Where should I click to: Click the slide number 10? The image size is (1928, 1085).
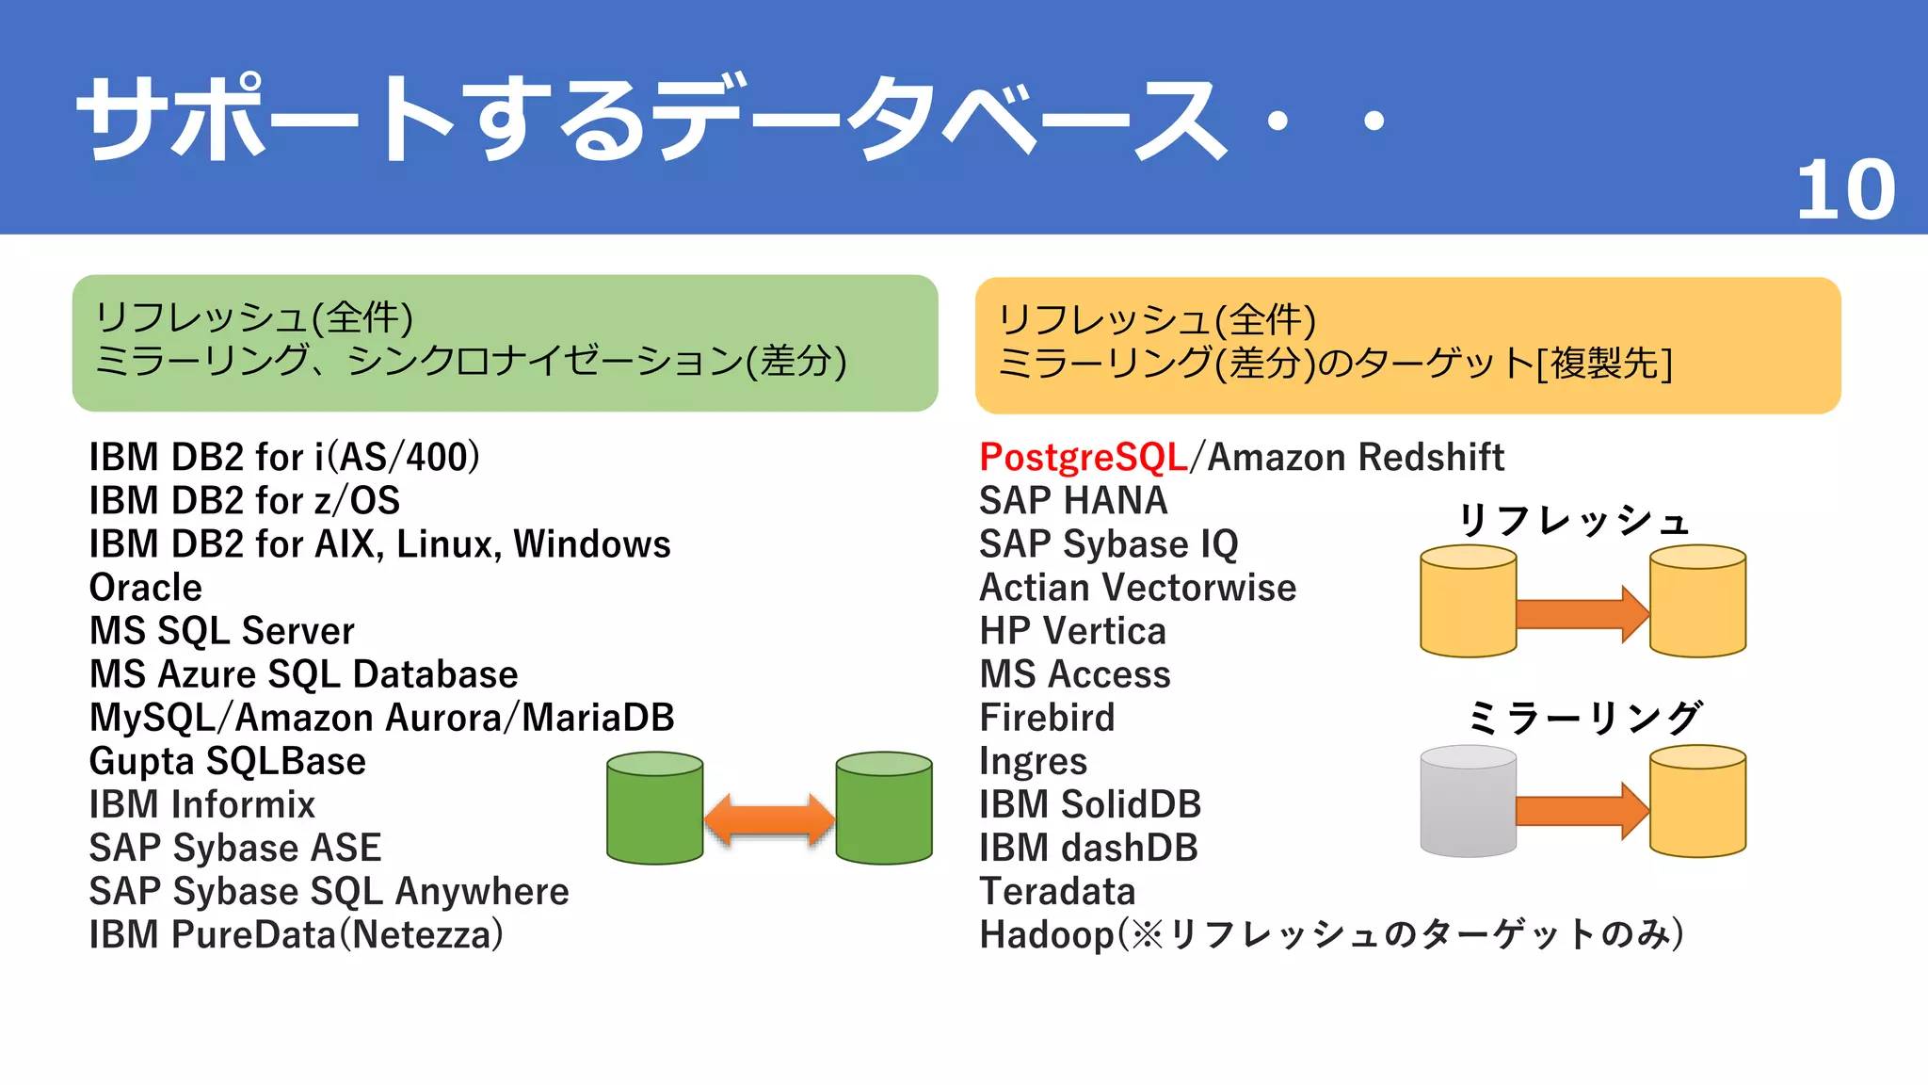(x=1845, y=191)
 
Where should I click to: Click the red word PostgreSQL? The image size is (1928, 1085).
(x=1083, y=458)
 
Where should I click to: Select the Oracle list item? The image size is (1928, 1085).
(x=146, y=588)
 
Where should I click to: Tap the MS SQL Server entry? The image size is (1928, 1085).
(x=222, y=631)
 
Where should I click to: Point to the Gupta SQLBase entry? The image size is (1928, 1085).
(x=228, y=761)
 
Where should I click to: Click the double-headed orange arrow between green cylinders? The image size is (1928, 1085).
(x=769, y=818)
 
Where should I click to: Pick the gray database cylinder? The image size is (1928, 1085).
(x=1468, y=802)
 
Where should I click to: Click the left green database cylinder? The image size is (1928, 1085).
(x=655, y=808)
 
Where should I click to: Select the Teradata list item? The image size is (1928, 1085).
(x=1057, y=891)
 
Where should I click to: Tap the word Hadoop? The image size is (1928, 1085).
(x=1046, y=935)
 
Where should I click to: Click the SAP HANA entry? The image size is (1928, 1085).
(x=1073, y=501)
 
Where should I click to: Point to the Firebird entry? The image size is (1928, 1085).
(x=1047, y=718)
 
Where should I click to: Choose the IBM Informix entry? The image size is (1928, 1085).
(x=202, y=804)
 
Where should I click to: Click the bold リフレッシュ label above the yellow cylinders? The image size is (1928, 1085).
(x=1575, y=520)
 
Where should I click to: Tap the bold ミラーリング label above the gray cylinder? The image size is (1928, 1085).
(x=1583, y=718)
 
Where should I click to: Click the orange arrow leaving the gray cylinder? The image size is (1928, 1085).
(x=1582, y=810)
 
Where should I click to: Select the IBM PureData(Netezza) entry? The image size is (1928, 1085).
(x=297, y=935)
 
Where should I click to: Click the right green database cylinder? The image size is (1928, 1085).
(x=884, y=808)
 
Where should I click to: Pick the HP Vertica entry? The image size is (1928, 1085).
(x=1072, y=631)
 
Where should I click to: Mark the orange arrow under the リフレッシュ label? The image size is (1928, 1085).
(x=1582, y=614)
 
